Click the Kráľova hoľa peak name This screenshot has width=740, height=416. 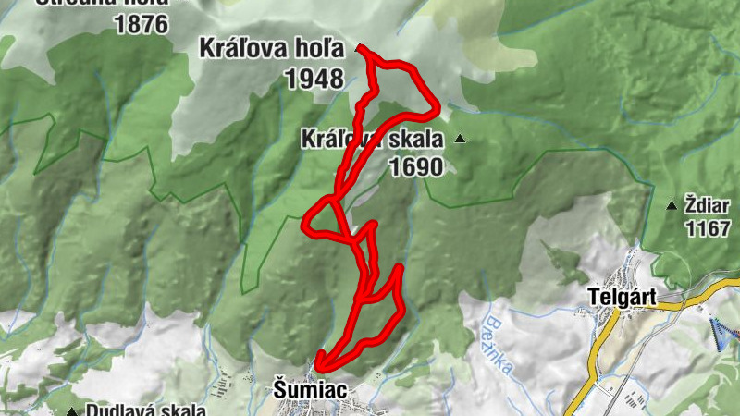point(271,49)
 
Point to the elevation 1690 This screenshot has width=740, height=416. point(417,167)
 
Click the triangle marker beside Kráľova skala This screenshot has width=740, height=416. point(459,140)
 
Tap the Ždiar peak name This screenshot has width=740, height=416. point(708,203)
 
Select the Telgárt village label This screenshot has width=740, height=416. point(624,298)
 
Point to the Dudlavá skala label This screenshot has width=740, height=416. point(144,410)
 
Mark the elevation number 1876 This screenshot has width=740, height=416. point(142,24)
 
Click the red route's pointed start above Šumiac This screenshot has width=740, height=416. point(318,363)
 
